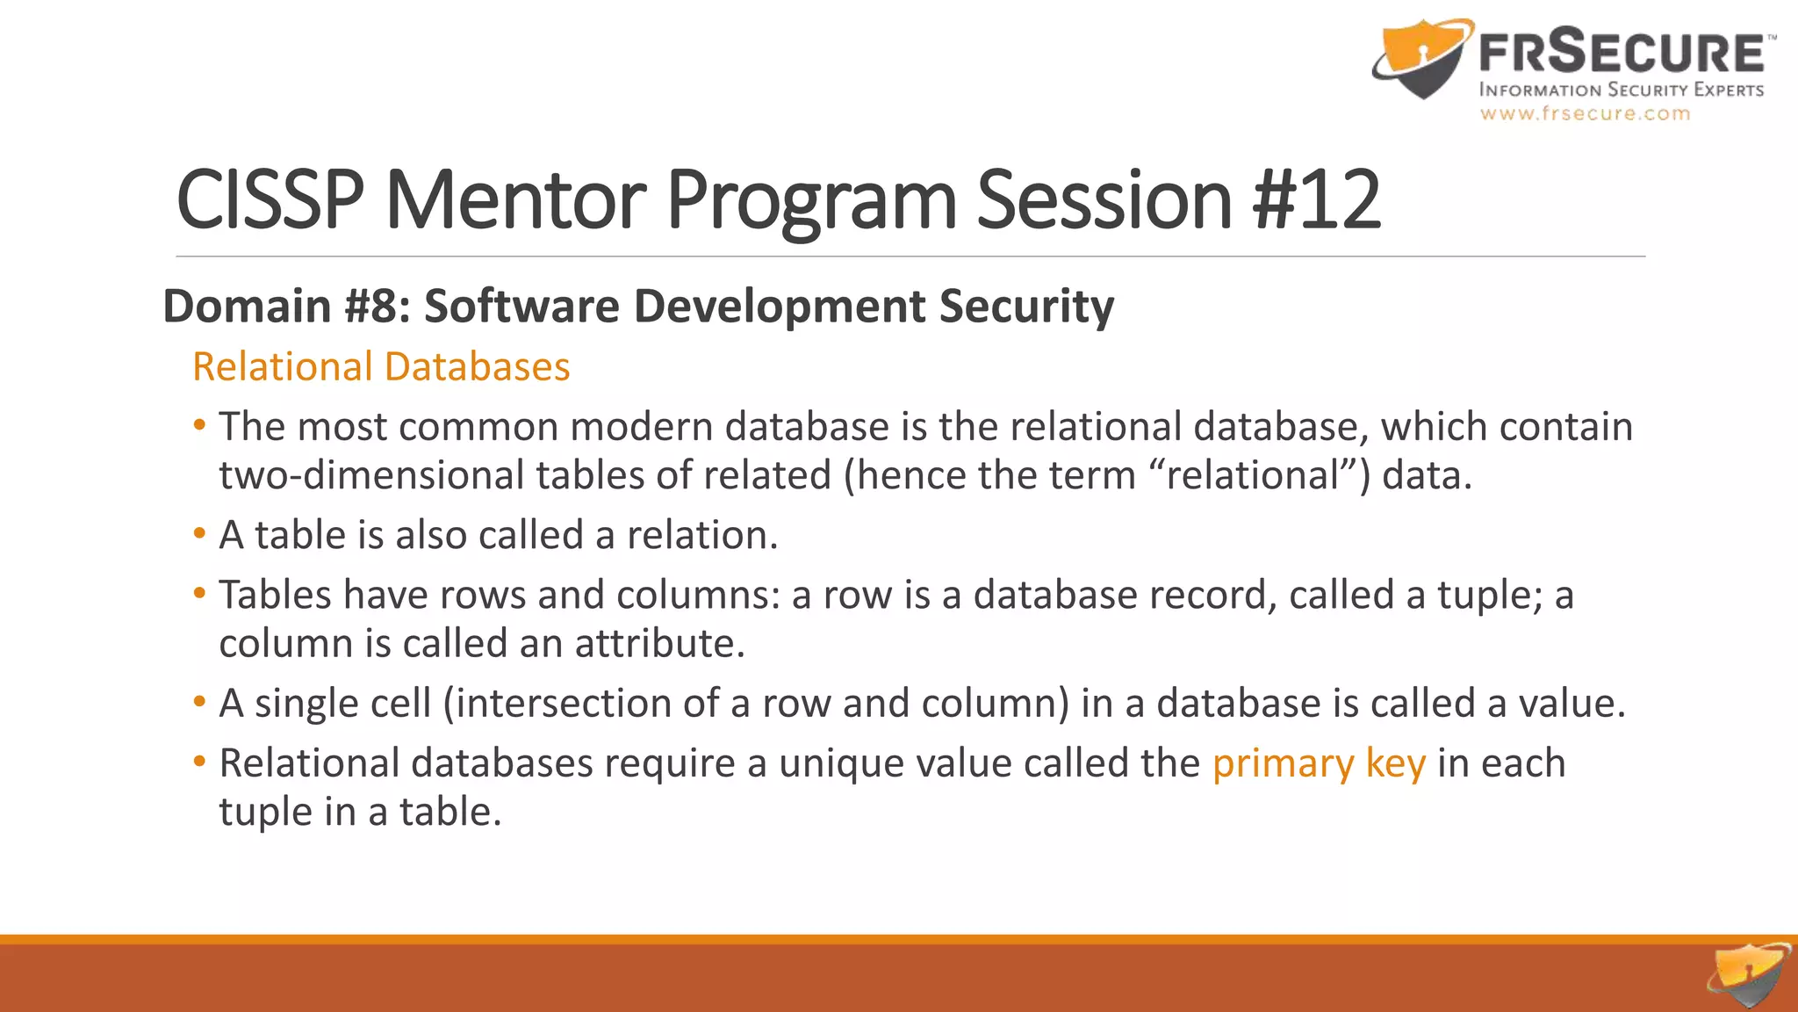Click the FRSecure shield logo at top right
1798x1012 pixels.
tap(1422, 58)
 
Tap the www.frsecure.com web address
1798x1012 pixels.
tap(1585, 113)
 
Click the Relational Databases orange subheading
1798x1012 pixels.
tap(381, 366)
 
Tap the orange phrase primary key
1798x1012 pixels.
tap(1319, 763)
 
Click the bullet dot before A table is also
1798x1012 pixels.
tap(200, 533)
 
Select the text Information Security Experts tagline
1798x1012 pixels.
tap(1621, 90)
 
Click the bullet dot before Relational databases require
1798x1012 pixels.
tap(200, 761)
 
